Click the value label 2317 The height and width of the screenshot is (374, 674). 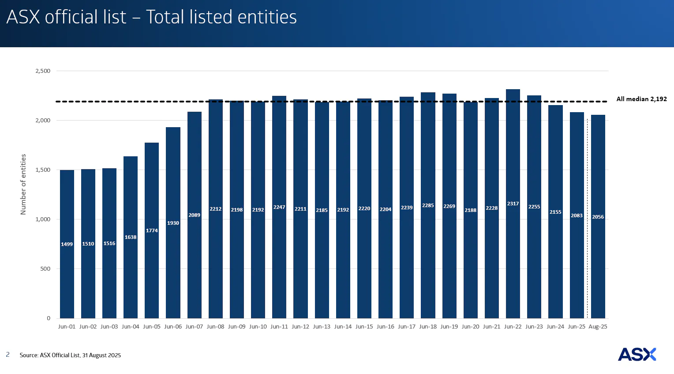click(x=513, y=204)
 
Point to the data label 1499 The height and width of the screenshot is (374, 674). click(x=67, y=244)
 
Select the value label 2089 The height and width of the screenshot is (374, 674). click(x=195, y=215)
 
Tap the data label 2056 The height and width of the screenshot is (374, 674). click(x=598, y=217)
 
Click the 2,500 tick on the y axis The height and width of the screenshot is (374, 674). click(x=43, y=71)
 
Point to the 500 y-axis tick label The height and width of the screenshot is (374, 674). click(x=45, y=269)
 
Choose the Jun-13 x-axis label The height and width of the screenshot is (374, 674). click(x=322, y=327)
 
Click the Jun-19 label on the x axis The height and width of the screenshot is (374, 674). click(x=449, y=327)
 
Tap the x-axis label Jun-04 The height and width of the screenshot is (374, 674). click(x=131, y=327)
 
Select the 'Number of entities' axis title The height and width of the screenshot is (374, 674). click(x=23, y=184)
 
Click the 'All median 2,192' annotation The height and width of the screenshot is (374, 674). click(x=641, y=99)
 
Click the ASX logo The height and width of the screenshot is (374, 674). click(x=637, y=354)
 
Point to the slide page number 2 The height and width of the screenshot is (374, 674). click(x=7, y=355)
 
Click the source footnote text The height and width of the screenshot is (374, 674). click(x=70, y=355)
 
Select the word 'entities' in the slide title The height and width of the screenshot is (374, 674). click(x=267, y=17)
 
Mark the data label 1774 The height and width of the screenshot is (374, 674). click(x=152, y=230)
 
